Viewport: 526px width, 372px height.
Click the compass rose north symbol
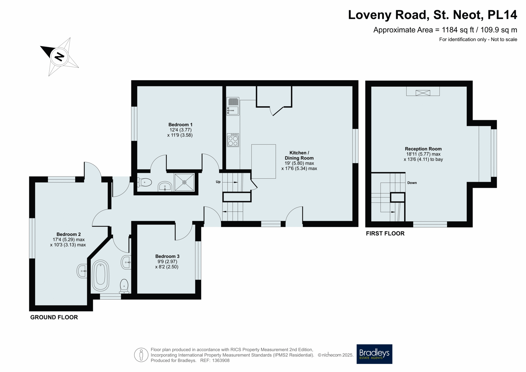point(59,57)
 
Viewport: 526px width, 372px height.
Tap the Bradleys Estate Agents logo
point(374,354)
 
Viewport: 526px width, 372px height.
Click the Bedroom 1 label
point(180,125)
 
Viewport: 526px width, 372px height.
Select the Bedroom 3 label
point(167,256)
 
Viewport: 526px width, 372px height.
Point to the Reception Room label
point(423,149)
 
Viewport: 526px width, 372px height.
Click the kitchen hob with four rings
point(233,140)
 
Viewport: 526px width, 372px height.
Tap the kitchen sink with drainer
point(233,106)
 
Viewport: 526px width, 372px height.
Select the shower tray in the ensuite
point(184,182)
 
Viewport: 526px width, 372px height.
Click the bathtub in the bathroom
point(101,275)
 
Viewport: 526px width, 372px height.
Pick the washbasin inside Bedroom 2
point(82,271)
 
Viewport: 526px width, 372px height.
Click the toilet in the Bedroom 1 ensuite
point(144,182)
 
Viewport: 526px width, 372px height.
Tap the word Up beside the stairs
point(218,182)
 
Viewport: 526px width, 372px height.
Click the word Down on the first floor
point(412,183)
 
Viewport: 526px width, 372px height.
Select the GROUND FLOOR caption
point(54,317)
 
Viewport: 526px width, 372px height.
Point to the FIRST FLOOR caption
point(385,233)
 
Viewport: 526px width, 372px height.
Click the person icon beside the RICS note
point(141,355)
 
